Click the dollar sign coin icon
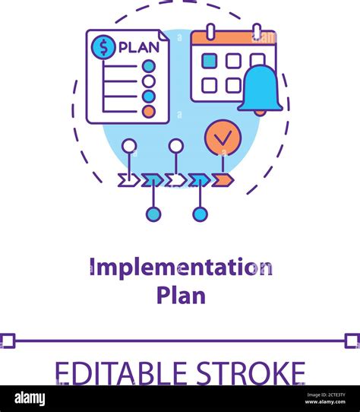pos(103,47)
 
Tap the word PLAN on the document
pos(139,47)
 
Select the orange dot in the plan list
pos(149,112)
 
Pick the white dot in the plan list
pos(149,81)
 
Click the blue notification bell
pos(261,90)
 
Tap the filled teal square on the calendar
pos(210,61)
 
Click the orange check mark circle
pos(223,138)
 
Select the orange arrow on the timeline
pos(223,180)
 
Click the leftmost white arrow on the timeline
pos(129,180)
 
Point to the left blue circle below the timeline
pos(153,214)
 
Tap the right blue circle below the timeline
pos(200,214)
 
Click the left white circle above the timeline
pos(129,146)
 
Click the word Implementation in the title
pos(181,268)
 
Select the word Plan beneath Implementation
pos(181,296)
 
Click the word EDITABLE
pos(121,372)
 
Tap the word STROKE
pos(251,372)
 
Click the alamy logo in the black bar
pos(30,398)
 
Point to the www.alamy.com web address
pos(325,402)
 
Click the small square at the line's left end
pos(7,341)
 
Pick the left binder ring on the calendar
pos(210,32)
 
